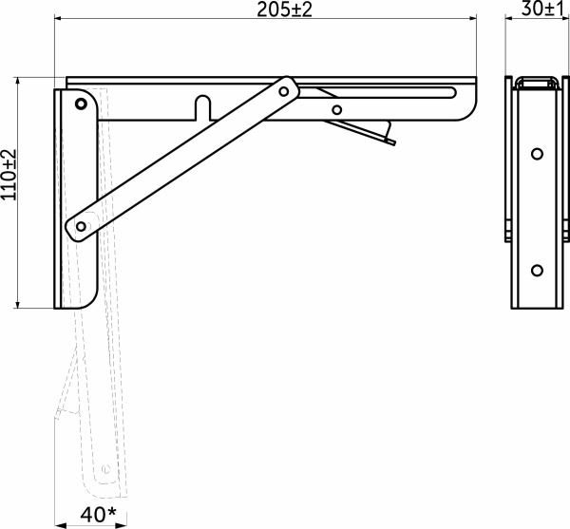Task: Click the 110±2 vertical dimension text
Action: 9,178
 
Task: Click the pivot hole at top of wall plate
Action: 82,102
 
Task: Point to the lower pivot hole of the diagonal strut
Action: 81,226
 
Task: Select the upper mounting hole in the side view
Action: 537,152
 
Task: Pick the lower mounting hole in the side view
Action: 537,269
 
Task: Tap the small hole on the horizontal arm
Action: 336,110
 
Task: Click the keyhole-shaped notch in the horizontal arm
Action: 201,104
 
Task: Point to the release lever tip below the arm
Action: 390,142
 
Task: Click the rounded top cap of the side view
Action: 537,82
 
